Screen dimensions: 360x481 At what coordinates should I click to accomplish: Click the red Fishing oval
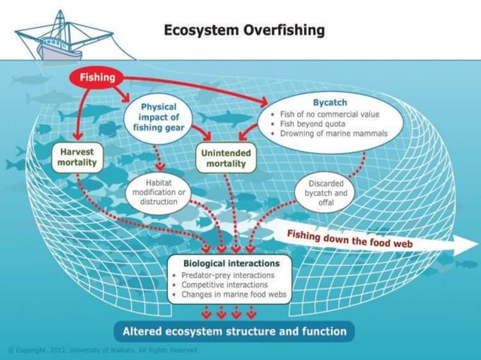[x=97, y=78]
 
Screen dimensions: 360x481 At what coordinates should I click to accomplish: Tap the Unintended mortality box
[x=225, y=158]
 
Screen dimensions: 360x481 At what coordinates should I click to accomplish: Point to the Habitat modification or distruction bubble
[x=158, y=192]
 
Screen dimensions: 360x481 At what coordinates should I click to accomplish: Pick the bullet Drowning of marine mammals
[x=332, y=134]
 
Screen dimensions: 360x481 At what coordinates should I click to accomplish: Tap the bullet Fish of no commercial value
[x=324, y=113]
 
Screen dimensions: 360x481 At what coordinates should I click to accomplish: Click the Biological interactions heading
[x=231, y=264]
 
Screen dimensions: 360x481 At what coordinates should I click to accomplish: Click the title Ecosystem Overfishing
[x=244, y=31]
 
